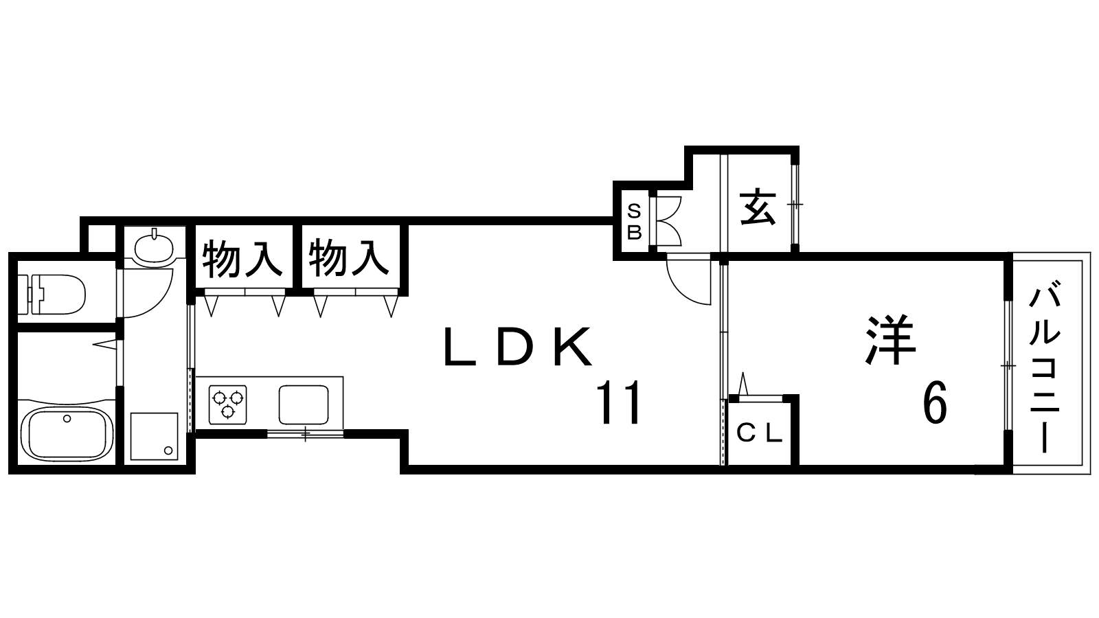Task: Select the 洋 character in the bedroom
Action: [891, 339]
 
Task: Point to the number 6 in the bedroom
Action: [935, 403]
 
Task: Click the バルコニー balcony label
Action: [1045, 371]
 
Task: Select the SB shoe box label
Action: [634, 221]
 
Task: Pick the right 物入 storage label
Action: [349, 257]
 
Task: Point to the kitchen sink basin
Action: [304, 404]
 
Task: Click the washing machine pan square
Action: [155, 435]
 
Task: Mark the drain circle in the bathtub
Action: [67, 418]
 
